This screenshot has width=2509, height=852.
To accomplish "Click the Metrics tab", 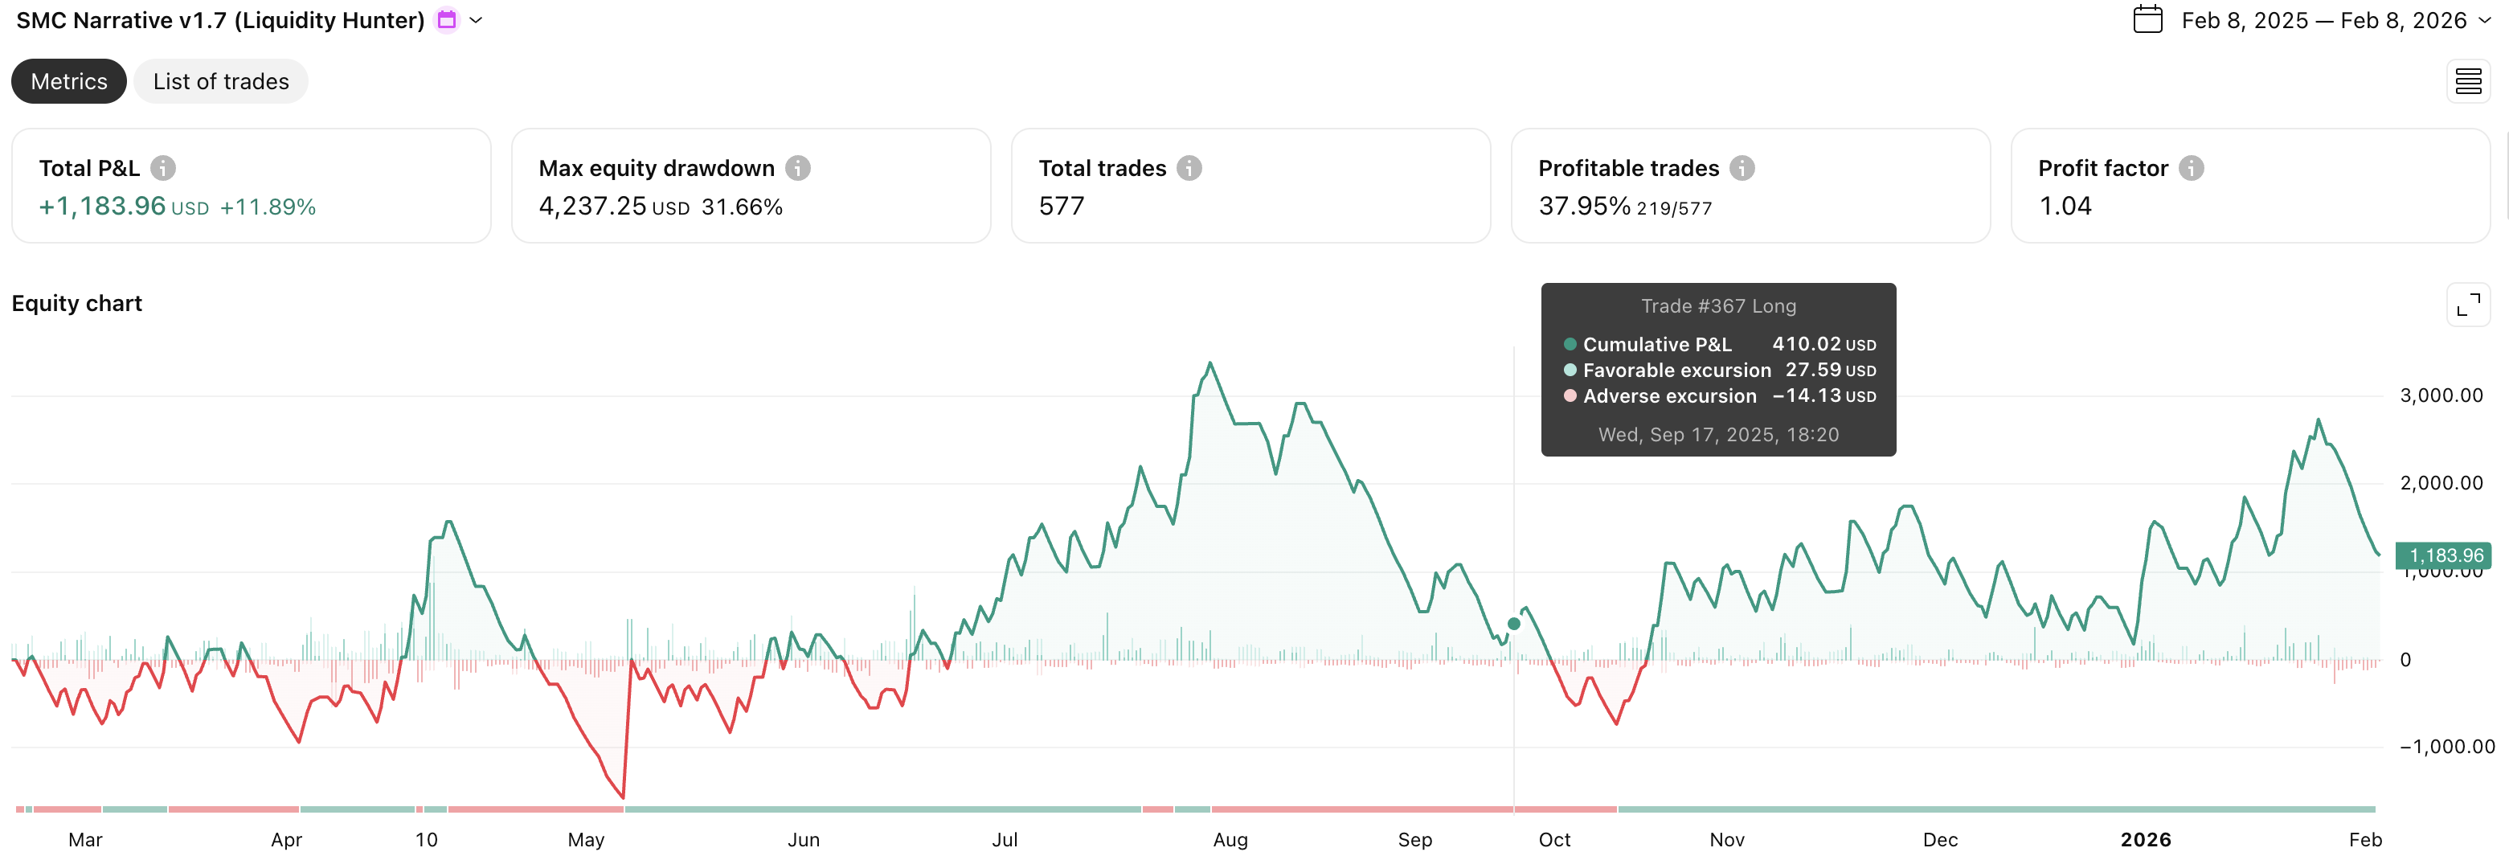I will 68,82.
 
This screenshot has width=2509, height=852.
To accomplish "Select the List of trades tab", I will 220,82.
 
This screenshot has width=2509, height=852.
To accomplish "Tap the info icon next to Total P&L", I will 162,169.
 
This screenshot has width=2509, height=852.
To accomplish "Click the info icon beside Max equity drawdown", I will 798,169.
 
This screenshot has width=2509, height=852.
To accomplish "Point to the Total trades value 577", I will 1061,207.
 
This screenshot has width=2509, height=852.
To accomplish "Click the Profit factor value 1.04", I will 2065,207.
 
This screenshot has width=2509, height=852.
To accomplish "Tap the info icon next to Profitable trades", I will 1742,169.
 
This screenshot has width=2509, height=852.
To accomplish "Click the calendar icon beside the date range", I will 2147,19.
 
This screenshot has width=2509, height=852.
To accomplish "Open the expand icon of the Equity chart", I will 2467,305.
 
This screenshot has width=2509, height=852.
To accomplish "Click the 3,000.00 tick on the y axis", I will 2441,395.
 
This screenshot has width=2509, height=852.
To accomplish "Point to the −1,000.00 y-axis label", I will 2446,747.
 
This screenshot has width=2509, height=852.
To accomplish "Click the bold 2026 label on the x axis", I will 2145,839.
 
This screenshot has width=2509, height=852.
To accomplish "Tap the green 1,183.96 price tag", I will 2445,556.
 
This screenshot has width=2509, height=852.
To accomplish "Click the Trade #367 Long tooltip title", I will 1718,305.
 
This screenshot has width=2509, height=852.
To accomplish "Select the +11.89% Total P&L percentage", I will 268,207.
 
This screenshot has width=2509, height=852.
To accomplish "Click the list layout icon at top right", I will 2467,82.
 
